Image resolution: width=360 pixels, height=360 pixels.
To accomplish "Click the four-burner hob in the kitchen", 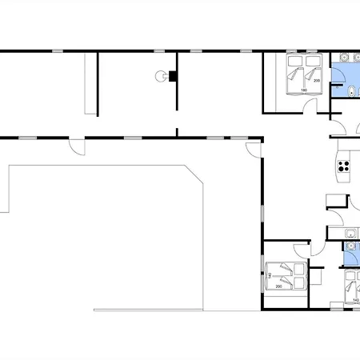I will (x=344, y=166).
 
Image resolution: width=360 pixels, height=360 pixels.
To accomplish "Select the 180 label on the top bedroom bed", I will (x=304, y=90).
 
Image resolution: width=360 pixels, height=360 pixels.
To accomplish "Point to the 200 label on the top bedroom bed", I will (x=317, y=81).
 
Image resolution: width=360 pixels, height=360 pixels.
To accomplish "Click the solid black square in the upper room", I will (x=171, y=76).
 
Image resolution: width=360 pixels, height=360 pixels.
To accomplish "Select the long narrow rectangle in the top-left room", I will (x=87, y=82).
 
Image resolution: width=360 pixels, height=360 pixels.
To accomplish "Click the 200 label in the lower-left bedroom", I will (x=279, y=286).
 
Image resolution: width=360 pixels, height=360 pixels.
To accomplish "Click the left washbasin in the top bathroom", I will (x=342, y=58).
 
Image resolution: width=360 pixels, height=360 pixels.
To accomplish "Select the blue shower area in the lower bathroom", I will (x=350, y=258).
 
